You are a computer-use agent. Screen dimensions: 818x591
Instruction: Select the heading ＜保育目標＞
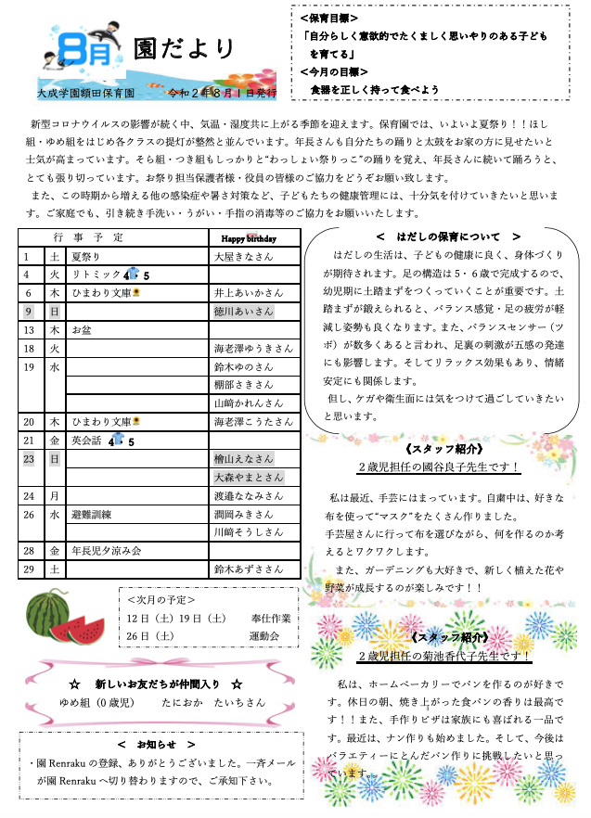click(x=330, y=18)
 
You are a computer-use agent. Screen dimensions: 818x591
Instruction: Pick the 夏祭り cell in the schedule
click(x=84, y=255)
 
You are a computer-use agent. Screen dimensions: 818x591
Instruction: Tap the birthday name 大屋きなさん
click(x=243, y=255)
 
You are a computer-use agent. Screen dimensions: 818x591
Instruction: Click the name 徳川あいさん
click(x=243, y=311)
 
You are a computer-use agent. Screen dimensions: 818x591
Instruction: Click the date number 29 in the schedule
click(x=30, y=569)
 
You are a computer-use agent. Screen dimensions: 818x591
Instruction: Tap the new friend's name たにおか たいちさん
click(x=200, y=702)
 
